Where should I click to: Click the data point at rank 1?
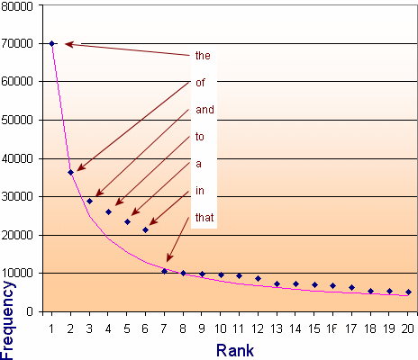point(52,43)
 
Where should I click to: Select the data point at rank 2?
point(70,172)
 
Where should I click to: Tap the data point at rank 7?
point(164,271)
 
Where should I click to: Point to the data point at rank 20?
point(408,292)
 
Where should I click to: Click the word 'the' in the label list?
point(203,56)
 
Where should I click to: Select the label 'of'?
point(200,83)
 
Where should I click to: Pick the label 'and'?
point(204,111)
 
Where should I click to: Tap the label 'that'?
point(204,218)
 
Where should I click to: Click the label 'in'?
point(199,192)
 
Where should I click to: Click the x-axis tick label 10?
point(221,327)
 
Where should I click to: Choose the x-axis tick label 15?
point(314,327)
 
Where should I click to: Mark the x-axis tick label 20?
point(408,327)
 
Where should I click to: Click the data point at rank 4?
point(108,212)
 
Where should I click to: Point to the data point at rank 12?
point(258,278)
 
